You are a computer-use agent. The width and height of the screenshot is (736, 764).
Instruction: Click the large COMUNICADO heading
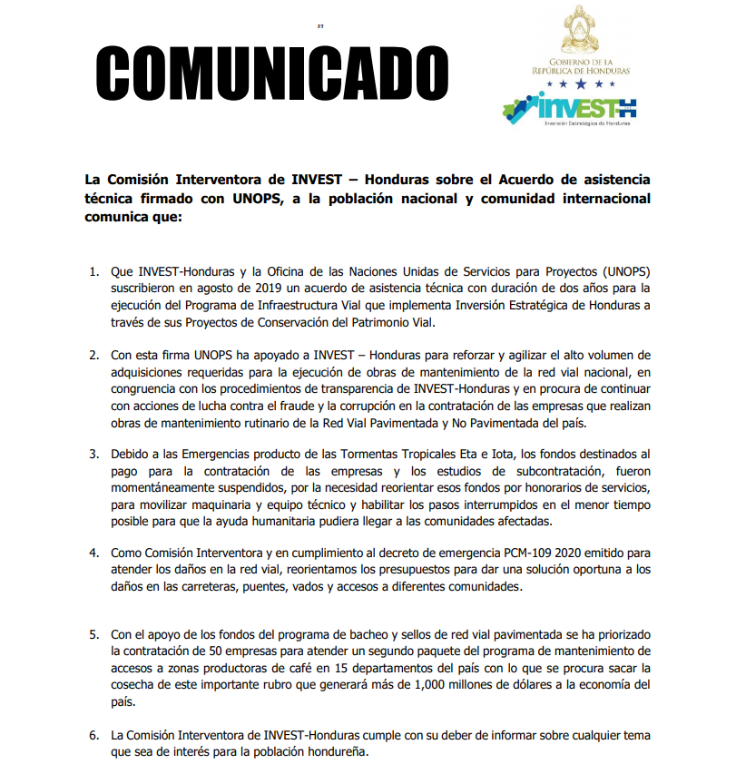[272, 69]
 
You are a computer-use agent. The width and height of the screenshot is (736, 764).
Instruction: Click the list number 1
[93, 272]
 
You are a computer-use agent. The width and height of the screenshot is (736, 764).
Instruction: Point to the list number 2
[93, 354]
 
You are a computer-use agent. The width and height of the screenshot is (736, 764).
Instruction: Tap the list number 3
[93, 452]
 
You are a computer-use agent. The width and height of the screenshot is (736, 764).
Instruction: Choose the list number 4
[93, 552]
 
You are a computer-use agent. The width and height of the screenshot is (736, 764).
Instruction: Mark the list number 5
[93, 635]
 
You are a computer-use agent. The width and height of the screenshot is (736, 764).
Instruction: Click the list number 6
[93, 734]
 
